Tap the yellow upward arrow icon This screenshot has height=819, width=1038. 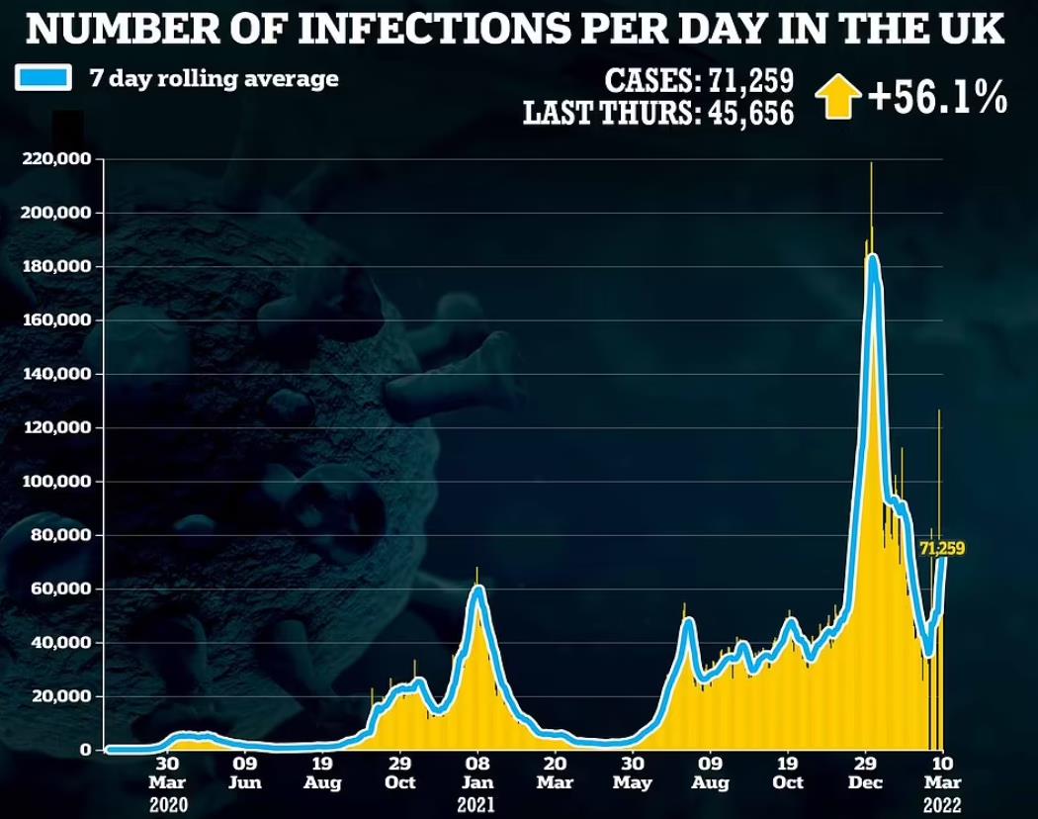coord(839,100)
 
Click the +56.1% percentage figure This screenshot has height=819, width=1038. coord(936,99)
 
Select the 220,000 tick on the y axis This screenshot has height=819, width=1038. coord(57,159)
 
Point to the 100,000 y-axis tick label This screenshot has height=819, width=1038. coord(57,482)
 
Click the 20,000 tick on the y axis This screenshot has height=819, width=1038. coord(61,696)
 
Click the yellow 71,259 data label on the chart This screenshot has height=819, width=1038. coord(942,548)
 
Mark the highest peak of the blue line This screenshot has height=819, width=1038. coord(871,259)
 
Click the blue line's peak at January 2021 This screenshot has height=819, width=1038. coord(478,591)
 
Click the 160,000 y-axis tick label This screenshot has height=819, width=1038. coord(57,320)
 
